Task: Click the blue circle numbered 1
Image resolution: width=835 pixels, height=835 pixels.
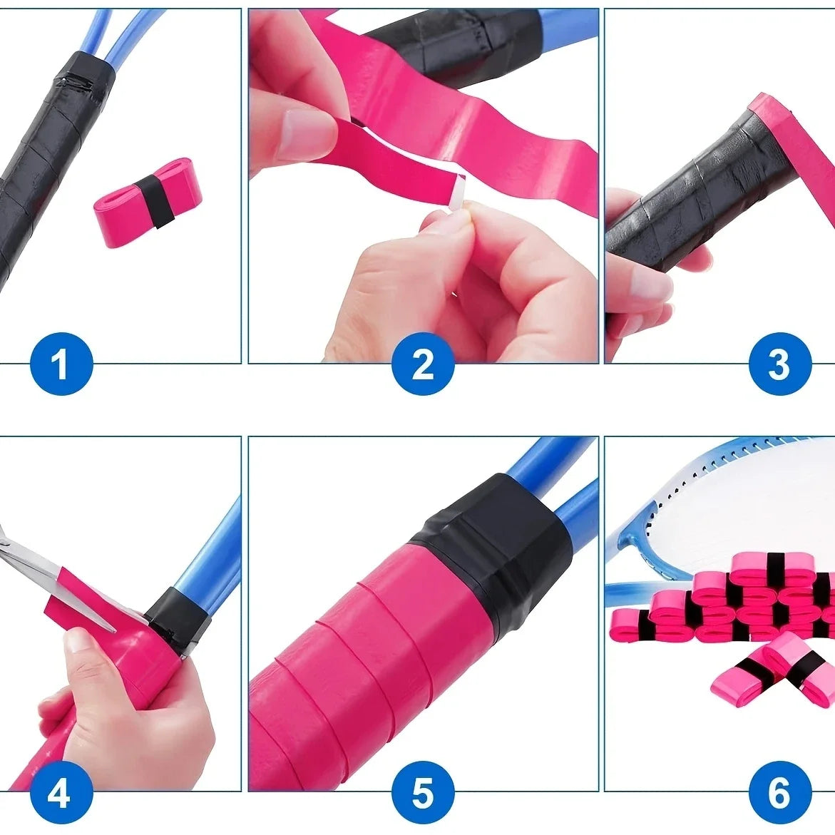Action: [x=61, y=364]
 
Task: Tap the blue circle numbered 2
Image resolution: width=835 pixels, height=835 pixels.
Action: [x=423, y=364]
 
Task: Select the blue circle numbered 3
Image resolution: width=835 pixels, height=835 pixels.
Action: [x=779, y=364]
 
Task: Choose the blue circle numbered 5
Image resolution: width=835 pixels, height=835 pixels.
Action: [x=423, y=792]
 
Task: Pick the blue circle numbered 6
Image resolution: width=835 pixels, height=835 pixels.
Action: [x=779, y=792]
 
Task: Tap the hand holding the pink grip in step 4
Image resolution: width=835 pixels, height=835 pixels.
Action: [x=121, y=706]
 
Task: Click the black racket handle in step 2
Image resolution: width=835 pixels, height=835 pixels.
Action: [x=442, y=46]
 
